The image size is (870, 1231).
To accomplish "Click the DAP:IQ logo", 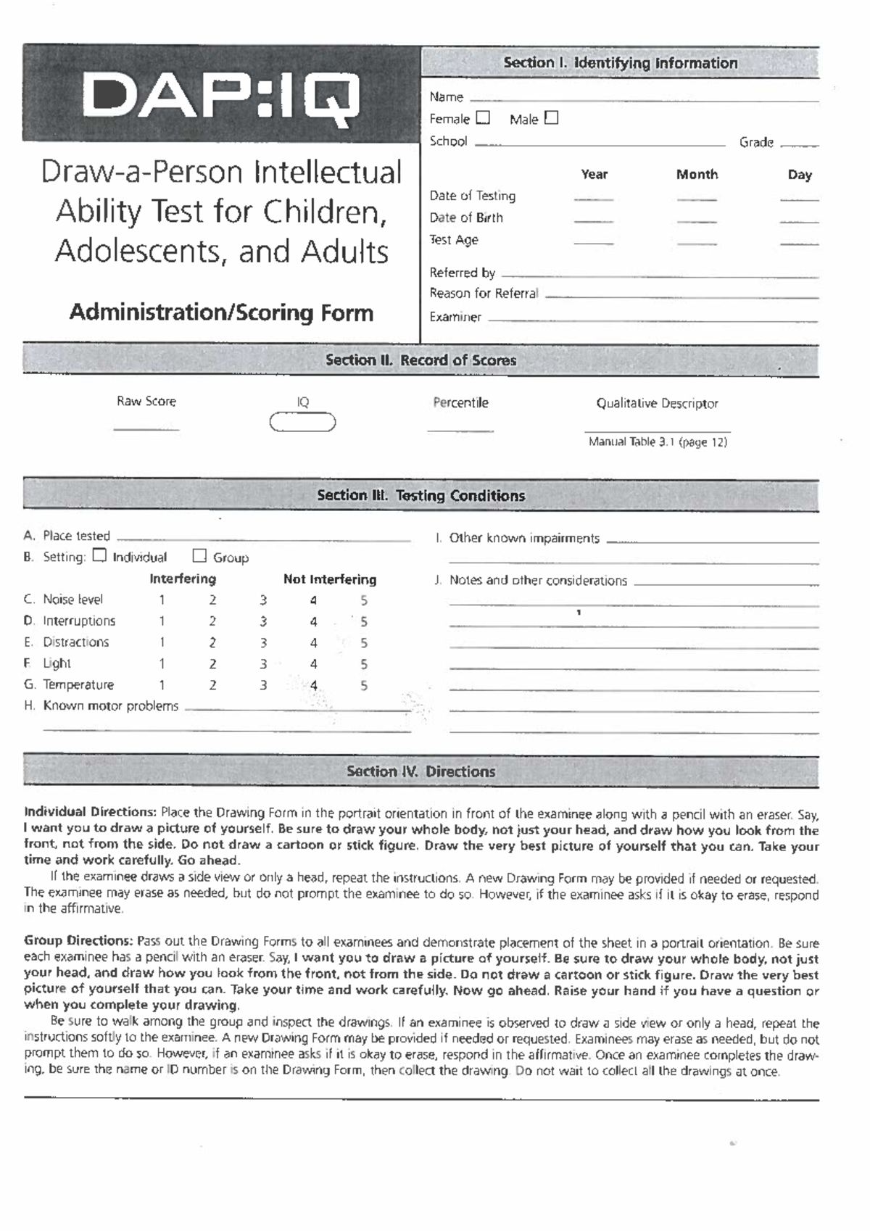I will tap(221, 96).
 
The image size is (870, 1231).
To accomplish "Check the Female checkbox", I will tap(483, 117).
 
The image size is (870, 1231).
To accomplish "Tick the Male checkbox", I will tap(551, 117).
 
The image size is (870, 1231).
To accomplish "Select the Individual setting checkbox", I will tap(100, 555).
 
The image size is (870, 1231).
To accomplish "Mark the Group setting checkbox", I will tap(199, 556).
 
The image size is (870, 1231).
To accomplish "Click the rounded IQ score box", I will tap(302, 422).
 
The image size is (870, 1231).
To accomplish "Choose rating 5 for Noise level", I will tap(364, 600).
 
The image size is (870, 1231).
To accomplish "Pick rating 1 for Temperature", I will tap(162, 685).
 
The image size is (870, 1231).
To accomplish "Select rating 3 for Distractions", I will tap(263, 643).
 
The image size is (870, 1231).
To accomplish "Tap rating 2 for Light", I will tap(212, 664).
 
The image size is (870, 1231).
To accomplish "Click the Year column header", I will tap(594, 175).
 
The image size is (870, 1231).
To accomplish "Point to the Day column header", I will tap(799, 175).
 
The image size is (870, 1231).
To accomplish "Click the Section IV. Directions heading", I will tap(420, 771).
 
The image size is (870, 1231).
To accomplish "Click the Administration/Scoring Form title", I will tap(221, 312).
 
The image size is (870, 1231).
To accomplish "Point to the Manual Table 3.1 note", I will tap(657, 442).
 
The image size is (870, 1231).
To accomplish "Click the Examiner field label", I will tap(455, 317).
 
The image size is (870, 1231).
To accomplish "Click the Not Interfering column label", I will tap(330, 579).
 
